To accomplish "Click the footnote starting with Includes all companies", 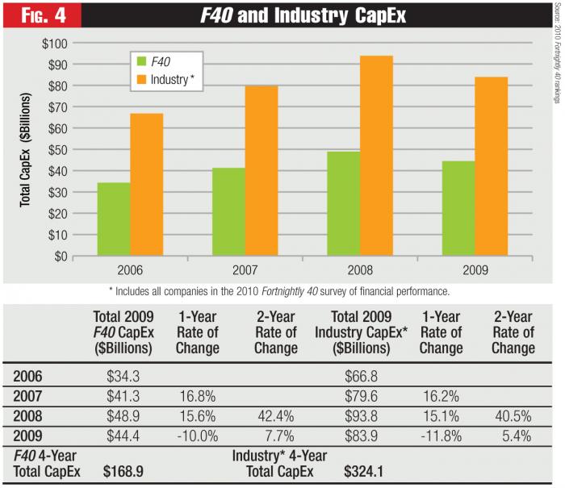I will coord(283,290).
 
